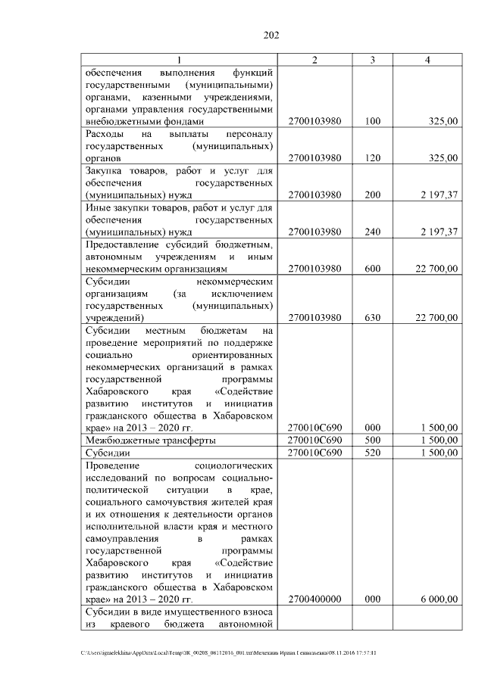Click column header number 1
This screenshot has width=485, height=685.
click(x=180, y=60)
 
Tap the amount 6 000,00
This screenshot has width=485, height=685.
click(x=438, y=599)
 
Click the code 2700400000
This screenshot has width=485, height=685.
click(x=314, y=599)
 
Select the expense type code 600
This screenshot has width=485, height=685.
click(x=372, y=269)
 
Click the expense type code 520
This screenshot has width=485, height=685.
click(x=372, y=452)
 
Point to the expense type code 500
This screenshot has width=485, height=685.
click(x=372, y=440)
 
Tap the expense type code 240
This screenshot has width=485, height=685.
click(x=372, y=232)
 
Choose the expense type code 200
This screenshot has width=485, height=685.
click(x=372, y=195)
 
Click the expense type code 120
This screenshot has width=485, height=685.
click(x=372, y=157)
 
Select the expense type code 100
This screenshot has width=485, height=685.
click(x=372, y=120)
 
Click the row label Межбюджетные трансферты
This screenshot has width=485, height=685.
click(x=151, y=440)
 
